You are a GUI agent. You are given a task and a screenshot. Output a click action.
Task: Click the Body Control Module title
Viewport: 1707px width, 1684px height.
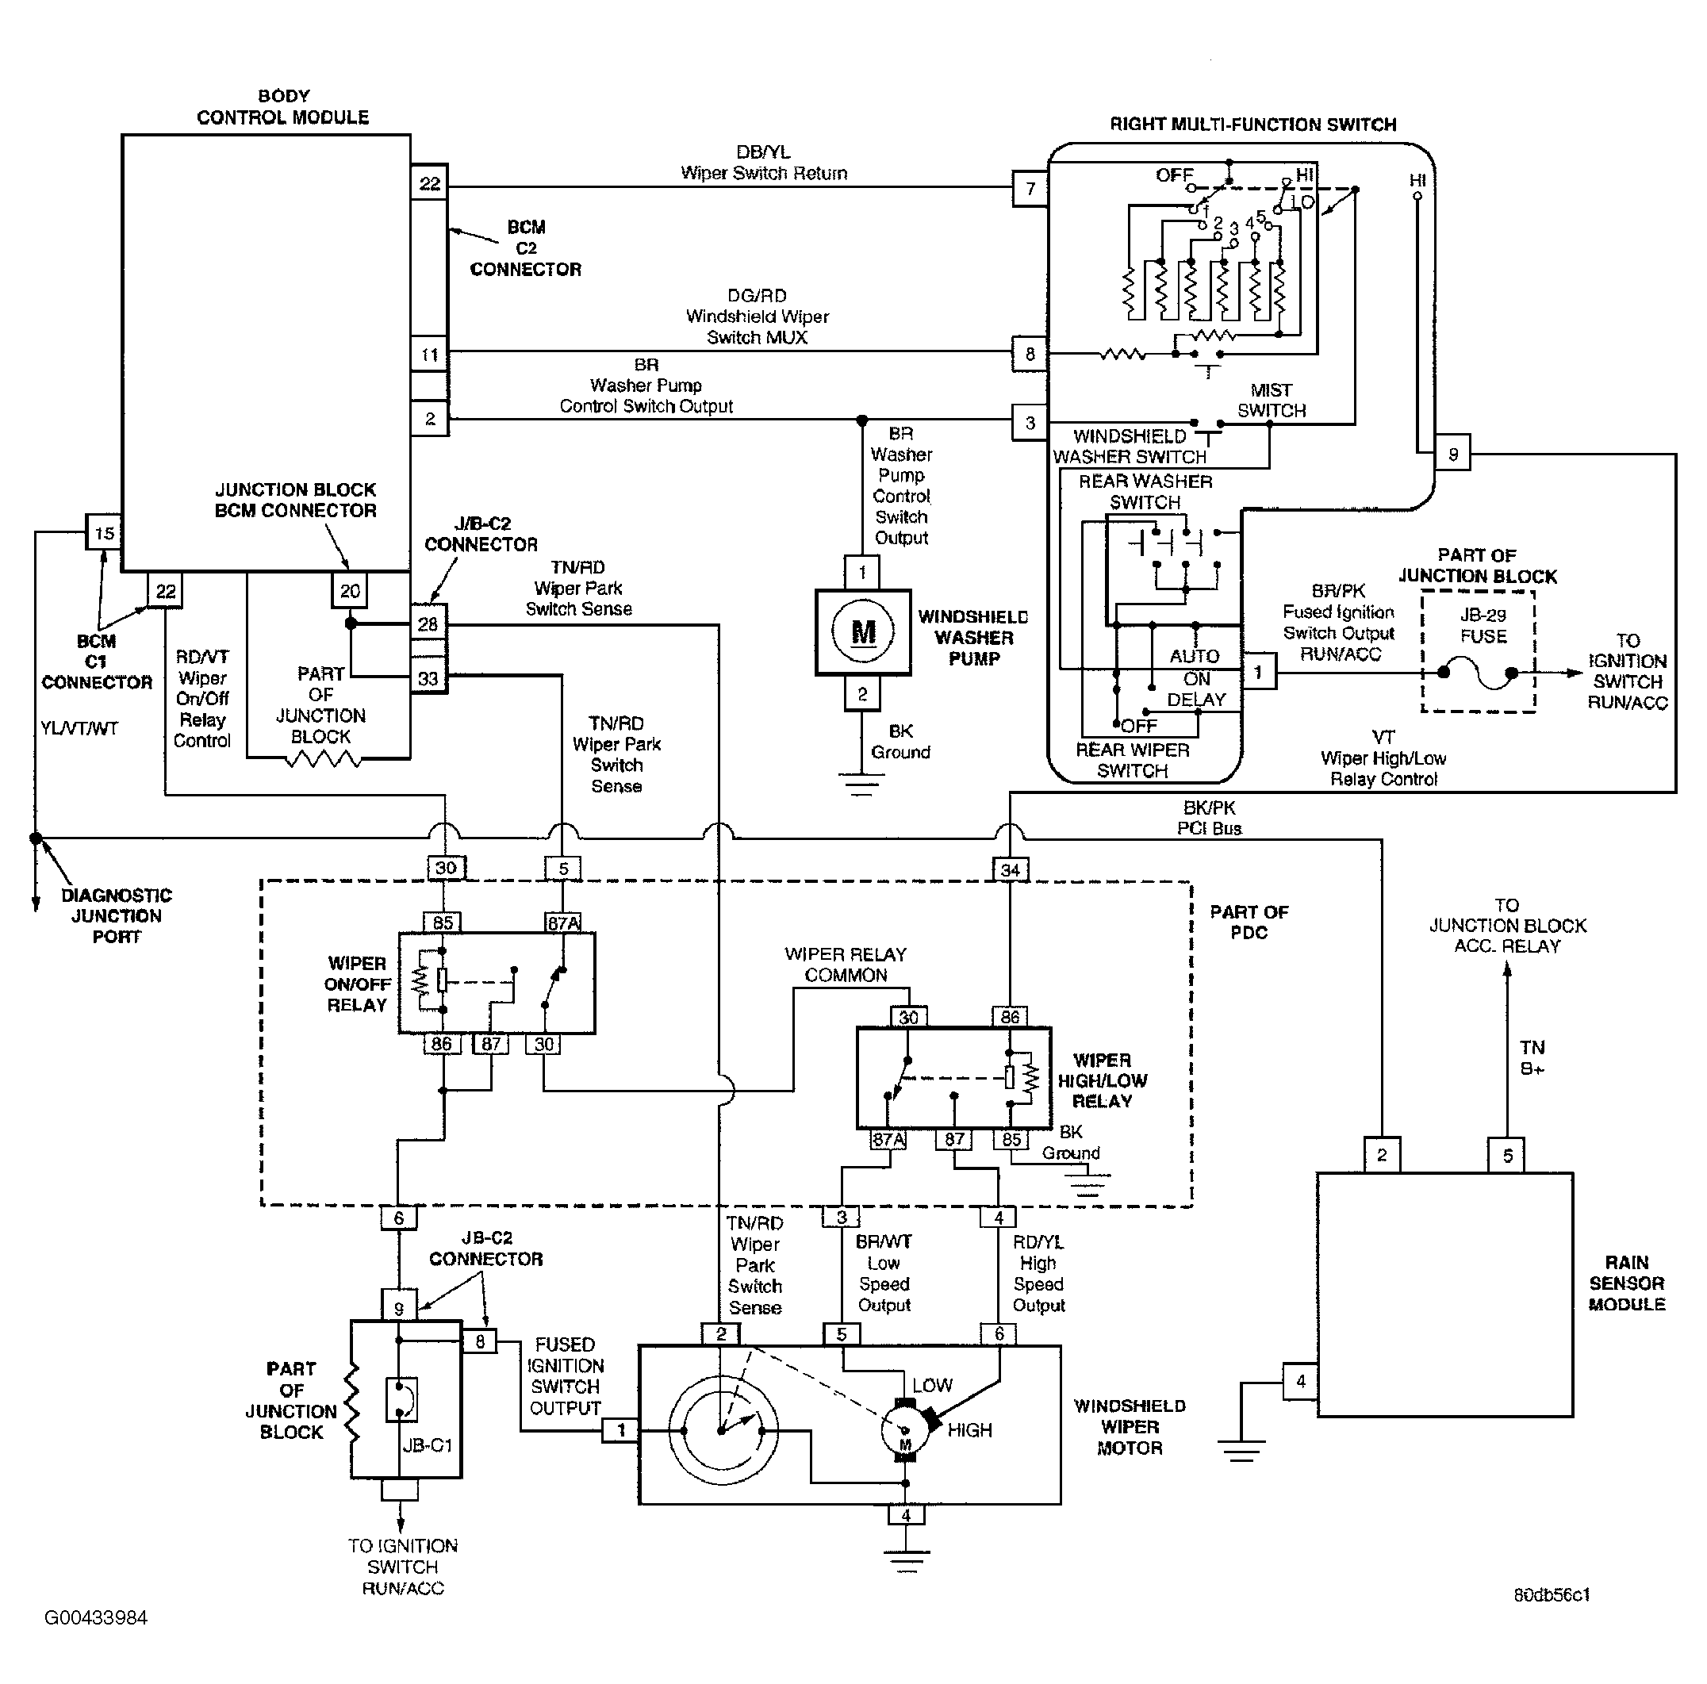282,106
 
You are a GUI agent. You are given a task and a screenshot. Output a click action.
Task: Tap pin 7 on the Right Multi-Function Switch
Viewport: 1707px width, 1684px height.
1030,188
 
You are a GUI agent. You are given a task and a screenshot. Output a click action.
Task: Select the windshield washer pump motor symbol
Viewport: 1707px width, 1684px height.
862,631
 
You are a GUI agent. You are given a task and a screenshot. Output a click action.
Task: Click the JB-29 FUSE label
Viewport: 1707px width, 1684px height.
1483,626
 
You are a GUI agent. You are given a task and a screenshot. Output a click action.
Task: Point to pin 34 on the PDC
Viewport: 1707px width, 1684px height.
1010,869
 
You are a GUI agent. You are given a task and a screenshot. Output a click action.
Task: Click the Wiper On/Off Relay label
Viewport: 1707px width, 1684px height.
357,984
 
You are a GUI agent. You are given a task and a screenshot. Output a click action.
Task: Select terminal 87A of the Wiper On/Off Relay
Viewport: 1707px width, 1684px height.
563,923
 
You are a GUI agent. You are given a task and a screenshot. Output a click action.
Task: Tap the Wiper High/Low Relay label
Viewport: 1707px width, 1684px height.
1102,1080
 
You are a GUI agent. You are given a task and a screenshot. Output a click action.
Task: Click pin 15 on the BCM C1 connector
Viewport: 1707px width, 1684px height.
103,533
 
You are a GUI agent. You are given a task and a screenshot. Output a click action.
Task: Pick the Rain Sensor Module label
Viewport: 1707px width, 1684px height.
1627,1283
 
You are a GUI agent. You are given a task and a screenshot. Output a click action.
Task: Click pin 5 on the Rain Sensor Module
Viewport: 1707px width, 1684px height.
1507,1155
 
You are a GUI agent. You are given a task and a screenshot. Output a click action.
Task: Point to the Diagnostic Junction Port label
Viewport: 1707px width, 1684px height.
117,915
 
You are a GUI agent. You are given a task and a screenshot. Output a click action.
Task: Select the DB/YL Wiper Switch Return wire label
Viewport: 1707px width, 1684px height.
763,163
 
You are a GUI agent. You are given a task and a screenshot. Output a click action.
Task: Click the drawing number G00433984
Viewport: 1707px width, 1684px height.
96,1617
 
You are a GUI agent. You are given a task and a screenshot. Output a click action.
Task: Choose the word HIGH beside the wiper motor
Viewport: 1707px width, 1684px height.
969,1429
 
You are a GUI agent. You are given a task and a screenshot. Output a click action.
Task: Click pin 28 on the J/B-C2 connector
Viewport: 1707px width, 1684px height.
428,623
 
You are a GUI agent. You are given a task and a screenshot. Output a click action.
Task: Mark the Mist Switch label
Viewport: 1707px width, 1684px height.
1272,401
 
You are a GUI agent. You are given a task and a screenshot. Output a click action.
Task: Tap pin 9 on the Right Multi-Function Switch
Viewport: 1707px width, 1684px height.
1452,455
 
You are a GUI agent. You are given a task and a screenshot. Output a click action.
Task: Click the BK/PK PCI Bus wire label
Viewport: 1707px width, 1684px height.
1209,818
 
